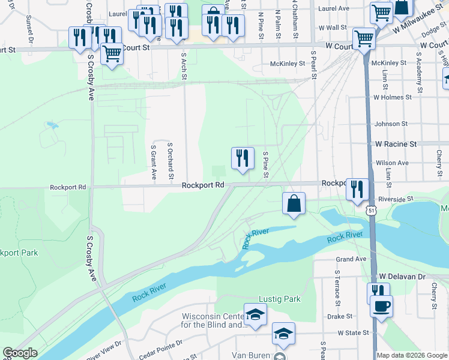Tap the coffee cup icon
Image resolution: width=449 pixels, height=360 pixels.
[381, 307]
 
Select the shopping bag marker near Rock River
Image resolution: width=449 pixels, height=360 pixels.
[294, 203]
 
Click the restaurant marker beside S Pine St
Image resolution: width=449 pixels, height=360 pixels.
[243, 158]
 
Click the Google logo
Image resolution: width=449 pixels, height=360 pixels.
[20, 353]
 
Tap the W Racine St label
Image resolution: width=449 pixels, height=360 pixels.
[396, 145]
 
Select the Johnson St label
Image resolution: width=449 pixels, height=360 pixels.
[391, 124]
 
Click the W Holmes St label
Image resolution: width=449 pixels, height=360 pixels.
[392, 97]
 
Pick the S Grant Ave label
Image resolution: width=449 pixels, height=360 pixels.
[154, 162]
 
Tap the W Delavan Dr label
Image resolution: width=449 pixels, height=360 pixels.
[402, 277]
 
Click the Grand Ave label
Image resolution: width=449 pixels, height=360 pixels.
[351, 259]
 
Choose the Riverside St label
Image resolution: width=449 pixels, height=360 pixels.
[394, 199]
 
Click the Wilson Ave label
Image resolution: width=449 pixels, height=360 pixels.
[392, 163]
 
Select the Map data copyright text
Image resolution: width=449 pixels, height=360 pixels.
[411, 355]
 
